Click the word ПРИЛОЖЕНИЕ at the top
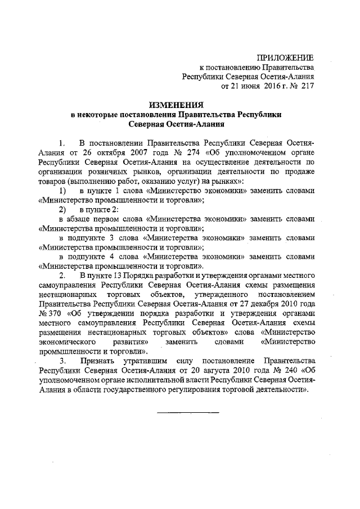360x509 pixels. (285, 58)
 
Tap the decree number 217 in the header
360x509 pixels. (307, 87)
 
